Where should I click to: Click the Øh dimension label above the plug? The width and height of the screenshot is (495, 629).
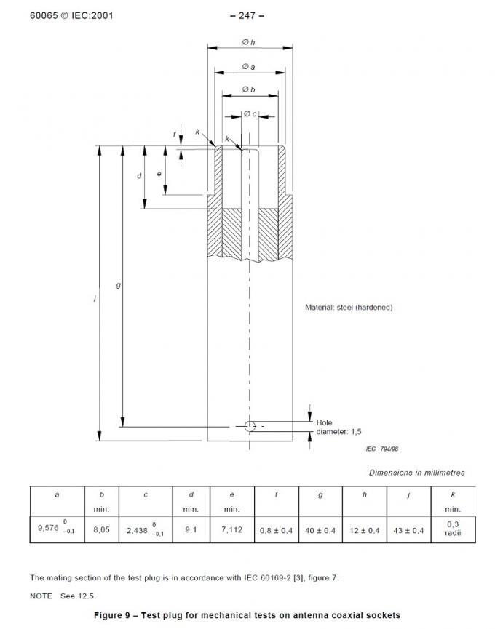pyautogui.click(x=249, y=42)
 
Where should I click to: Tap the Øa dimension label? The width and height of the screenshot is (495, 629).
pyautogui.click(x=249, y=67)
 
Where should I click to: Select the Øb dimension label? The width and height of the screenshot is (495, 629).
pyautogui.click(x=249, y=89)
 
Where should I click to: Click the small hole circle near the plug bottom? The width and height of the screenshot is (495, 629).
pyautogui.click(x=250, y=426)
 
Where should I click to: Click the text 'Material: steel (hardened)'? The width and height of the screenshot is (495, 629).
pyautogui.click(x=348, y=308)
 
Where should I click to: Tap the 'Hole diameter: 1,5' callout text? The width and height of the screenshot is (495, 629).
pyautogui.click(x=338, y=427)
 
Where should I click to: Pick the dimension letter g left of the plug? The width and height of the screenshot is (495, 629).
pyautogui.click(x=118, y=285)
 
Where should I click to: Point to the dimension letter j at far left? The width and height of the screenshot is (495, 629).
pyautogui.click(x=95, y=298)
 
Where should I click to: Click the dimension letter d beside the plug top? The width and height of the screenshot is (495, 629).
pyautogui.click(x=139, y=176)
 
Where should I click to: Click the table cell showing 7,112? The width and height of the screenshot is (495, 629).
pyautogui.click(x=231, y=530)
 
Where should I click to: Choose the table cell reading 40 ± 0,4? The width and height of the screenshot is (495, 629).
pyautogui.click(x=320, y=530)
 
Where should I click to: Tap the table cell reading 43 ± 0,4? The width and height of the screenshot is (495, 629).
pyautogui.click(x=409, y=530)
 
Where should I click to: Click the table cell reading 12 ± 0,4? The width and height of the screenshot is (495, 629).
pyautogui.click(x=365, y=530)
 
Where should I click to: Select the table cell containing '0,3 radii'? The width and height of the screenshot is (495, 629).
pyautogui.click(x=453, y=530)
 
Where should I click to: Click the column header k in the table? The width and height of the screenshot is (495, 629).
pyautogui.click(x=453, y=494)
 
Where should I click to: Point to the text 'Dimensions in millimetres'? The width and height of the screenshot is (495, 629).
pyautogui.click(x=416, y=473)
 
